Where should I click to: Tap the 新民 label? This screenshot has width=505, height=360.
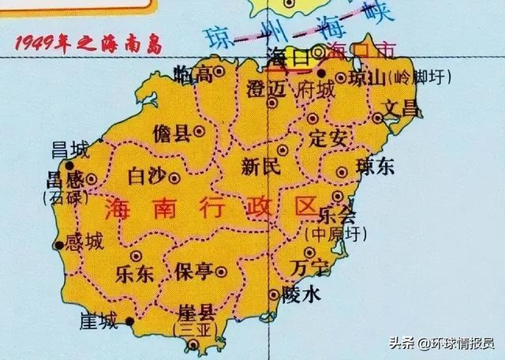click(x=260, y=167)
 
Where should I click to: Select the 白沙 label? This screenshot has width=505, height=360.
click(x=147, y=174)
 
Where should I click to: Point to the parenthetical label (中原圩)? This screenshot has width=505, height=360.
click(x=331, y=234)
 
